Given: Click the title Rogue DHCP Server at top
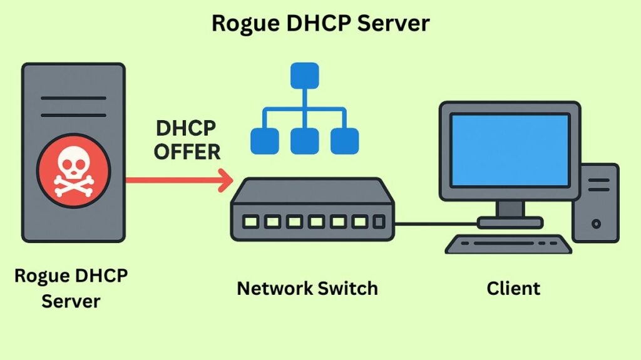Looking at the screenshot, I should [320, 23].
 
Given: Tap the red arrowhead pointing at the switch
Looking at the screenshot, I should [223, 180].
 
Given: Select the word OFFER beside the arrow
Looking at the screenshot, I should [188, 152].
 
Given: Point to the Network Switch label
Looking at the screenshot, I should [307, 289].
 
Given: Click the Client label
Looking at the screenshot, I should [513, 289].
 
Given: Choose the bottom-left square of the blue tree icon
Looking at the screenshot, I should [264, 141].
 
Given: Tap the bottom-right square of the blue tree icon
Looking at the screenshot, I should [344, 141].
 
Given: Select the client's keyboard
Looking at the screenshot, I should [508, 244].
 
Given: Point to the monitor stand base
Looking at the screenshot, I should [510, 222].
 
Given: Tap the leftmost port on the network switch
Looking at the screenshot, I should [251, 222].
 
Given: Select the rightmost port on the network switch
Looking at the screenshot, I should [379, 222].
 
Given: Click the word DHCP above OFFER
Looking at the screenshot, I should [186, 128].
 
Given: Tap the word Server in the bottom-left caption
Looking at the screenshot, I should [71, 301].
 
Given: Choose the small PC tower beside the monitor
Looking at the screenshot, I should [595, 203].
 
